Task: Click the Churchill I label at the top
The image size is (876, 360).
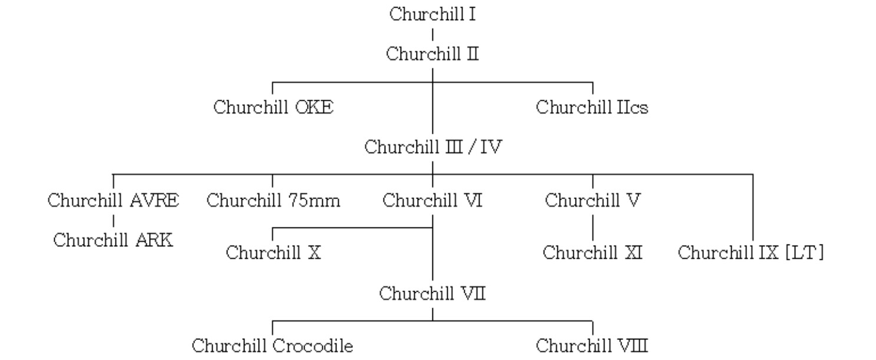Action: click(432, 15)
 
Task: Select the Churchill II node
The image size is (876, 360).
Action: click(432, 55)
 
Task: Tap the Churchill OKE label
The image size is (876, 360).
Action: click(273, 108)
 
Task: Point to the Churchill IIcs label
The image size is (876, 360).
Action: click(592, 108)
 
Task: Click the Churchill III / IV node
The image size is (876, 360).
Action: click(432, 147)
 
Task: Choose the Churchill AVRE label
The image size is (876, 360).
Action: click(113, 200)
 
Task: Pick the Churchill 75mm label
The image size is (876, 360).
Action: click(273, 200)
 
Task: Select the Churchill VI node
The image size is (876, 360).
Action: click(432, 200)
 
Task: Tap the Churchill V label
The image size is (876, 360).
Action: click(592, 200)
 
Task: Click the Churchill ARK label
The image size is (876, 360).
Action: click(113, 240)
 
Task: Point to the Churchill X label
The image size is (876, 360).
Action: click(273, 253)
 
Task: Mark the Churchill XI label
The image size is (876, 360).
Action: click(592, 253)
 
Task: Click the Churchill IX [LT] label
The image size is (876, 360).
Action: click(751, 253)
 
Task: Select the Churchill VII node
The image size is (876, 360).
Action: click(432, 293)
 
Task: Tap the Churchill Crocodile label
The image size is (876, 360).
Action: click(273, 345)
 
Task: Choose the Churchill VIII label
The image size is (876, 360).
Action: click(592, 345)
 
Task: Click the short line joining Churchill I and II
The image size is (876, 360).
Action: click(433, 35)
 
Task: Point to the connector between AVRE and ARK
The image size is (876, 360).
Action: click(113, 221)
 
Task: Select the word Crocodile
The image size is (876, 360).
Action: click(313, 345)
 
